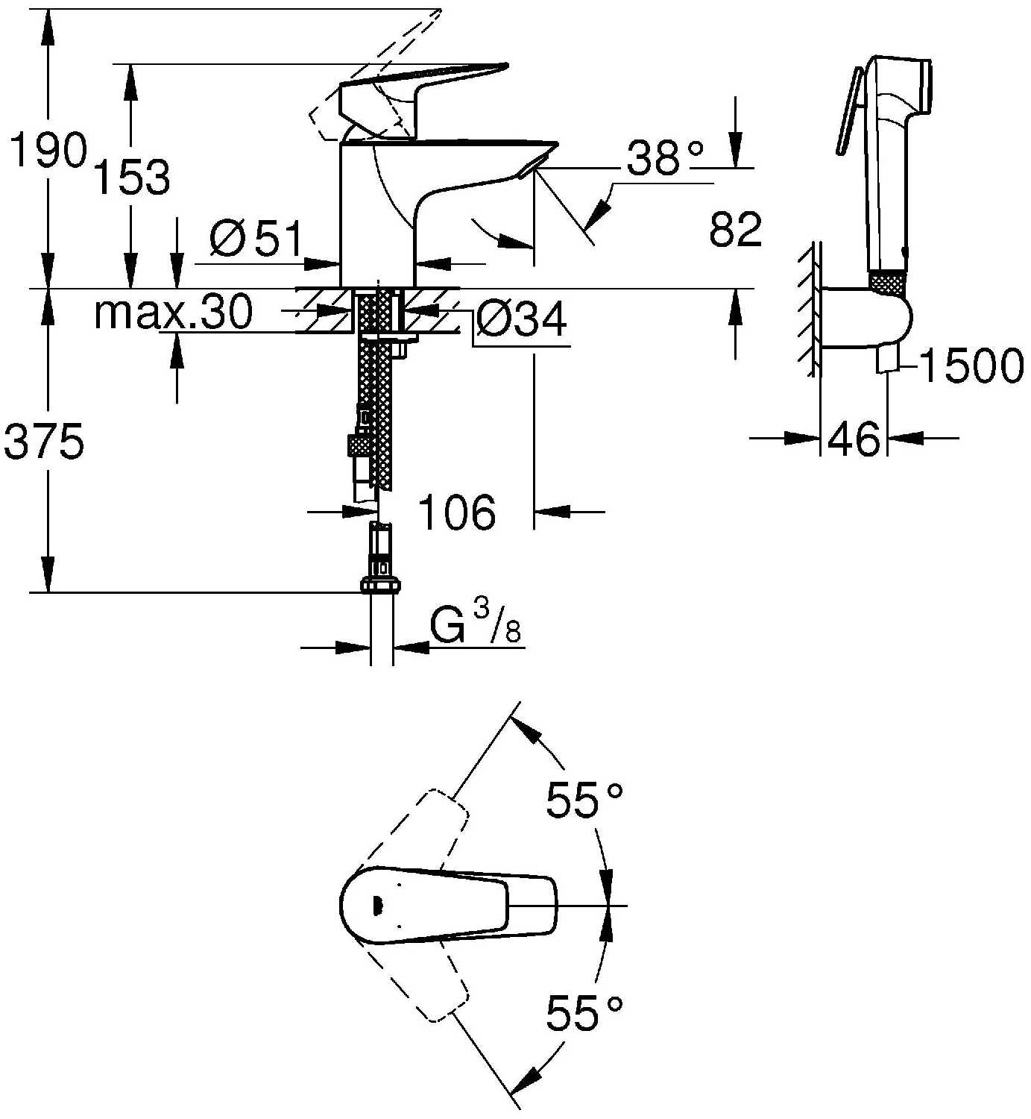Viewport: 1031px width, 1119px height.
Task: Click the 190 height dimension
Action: point(49,149)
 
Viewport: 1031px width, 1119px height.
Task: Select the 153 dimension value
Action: point(131,177)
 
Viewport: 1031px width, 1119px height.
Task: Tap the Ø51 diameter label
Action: point(256,238)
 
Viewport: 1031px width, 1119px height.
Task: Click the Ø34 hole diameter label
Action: point(521,320)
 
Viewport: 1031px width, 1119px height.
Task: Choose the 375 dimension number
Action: point(44,441)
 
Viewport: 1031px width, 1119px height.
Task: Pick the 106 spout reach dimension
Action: point(457,513)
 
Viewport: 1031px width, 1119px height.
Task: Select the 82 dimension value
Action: point(735,229)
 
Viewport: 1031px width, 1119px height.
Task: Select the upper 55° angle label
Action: point(584,799)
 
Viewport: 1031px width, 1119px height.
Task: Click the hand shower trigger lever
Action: point(848,110)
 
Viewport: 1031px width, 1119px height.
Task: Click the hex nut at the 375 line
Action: point(381,586)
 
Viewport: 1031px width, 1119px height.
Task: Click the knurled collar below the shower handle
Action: point(889,283)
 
